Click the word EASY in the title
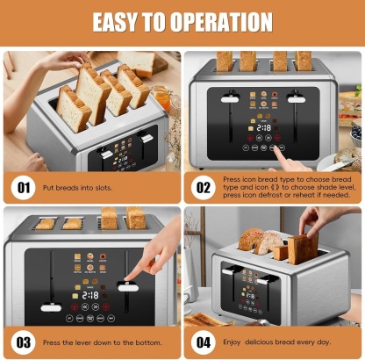120,22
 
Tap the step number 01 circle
22,187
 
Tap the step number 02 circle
204,187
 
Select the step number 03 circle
22,342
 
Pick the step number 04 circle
204,342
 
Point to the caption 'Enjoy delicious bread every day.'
278,342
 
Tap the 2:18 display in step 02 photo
262,127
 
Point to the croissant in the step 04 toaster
254,239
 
